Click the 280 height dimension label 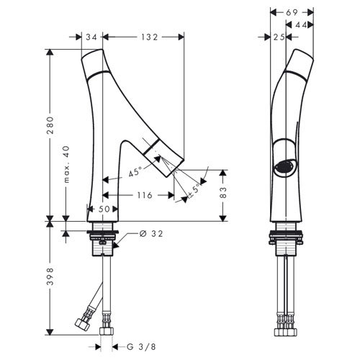click(x=50, y=125)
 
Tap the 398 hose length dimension click(x=50, y=276)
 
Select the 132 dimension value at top click(x=149, y=37)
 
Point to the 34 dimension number click(x=91, y=37)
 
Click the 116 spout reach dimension click(x=145, y=195)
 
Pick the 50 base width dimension click(x=104, y=209)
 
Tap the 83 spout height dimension click(x=223, y=192)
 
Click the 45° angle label click(x=135, y=172)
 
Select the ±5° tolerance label click(x=194, y=191)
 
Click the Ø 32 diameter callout click(x=151, y=233)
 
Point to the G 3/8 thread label click(x=141, y=347)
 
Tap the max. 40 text click(x=66, y=164)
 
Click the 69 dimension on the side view click(x=292, y=12)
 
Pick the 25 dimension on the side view click(x=279, y=37)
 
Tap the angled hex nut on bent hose click(x=82, y=324)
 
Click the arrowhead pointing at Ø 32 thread click(x=115, y=246)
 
